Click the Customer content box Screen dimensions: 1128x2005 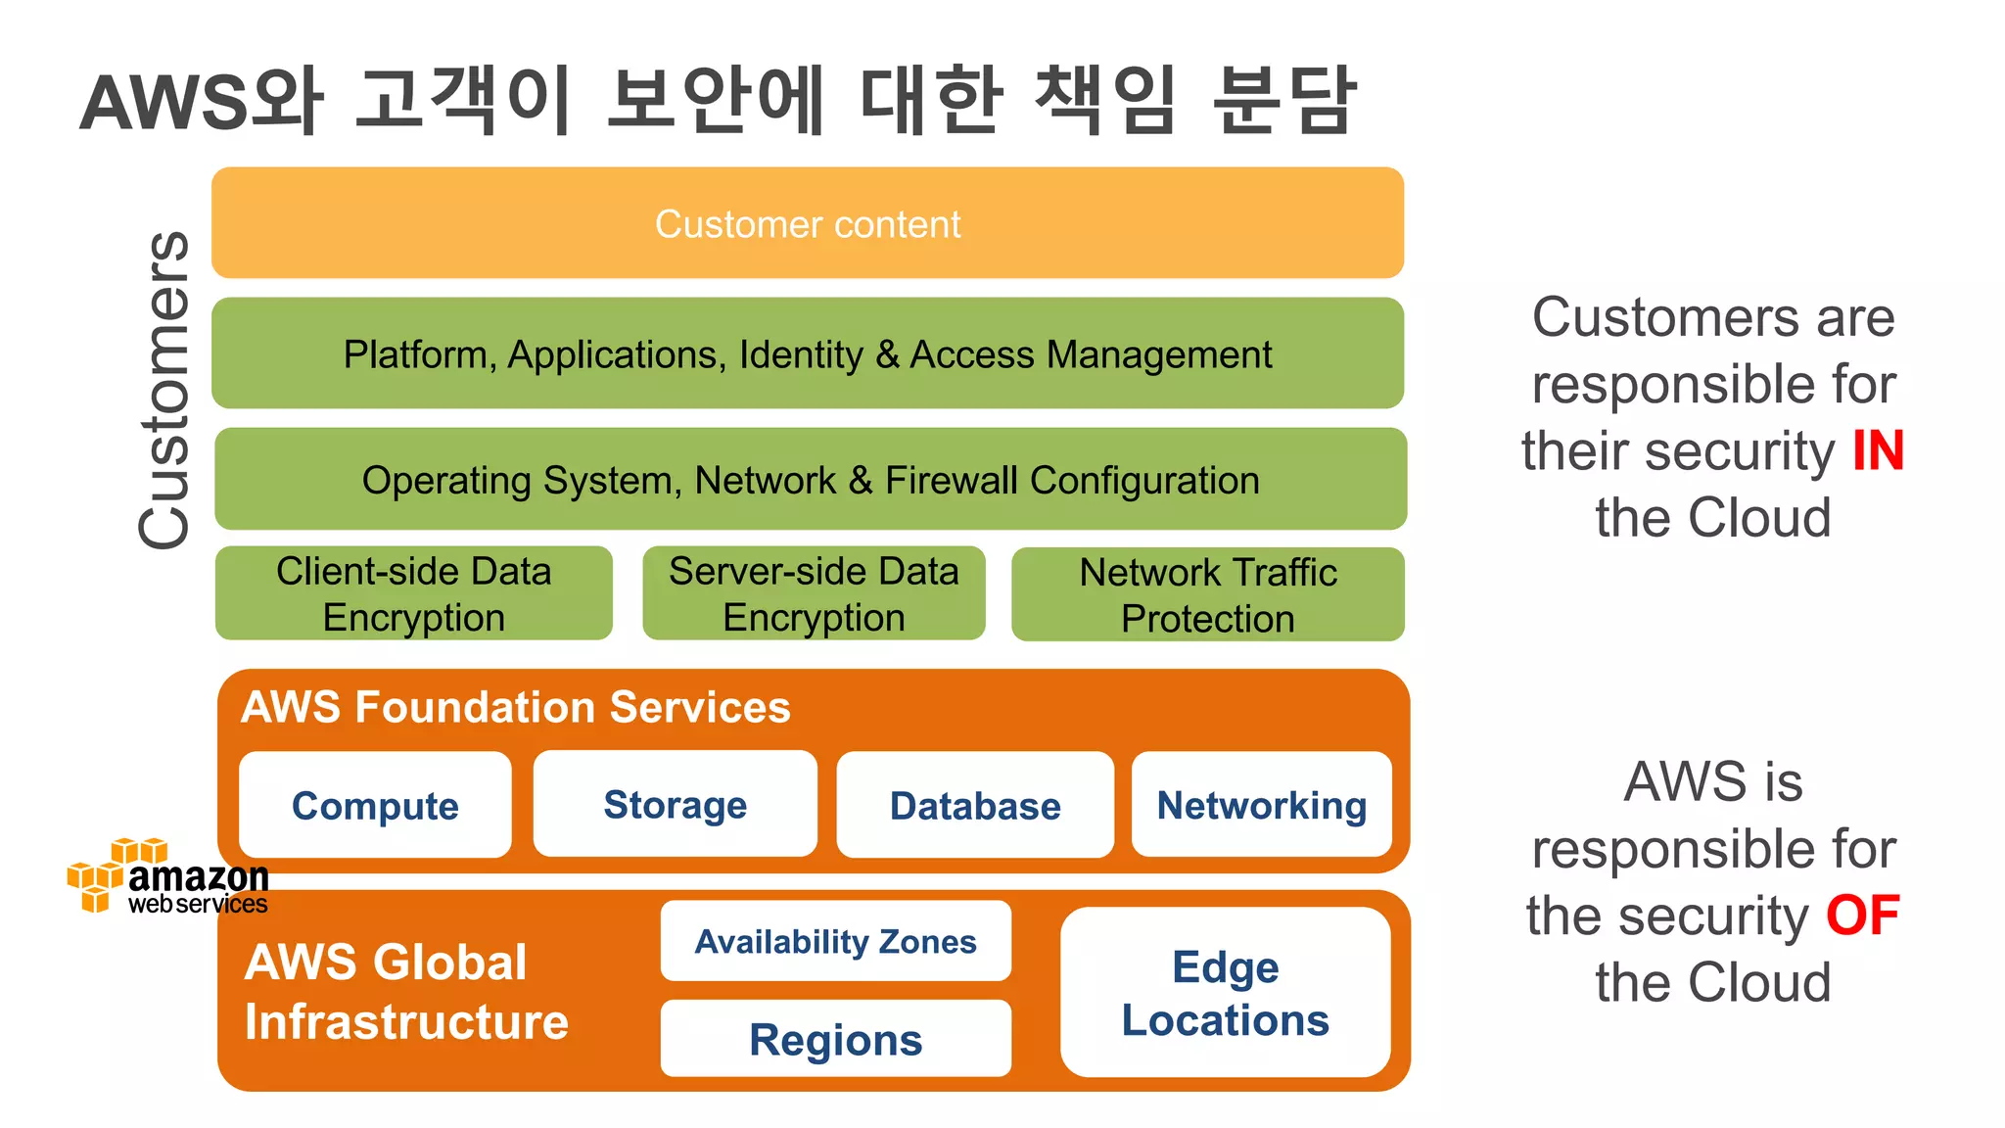pyautogui.click(x=808, y=223)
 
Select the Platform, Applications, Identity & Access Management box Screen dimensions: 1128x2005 pyautogui.click(x=808, y=353)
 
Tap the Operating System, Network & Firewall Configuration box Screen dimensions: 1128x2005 pyautogui.click(x=811, y=480)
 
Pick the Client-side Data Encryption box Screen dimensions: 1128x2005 pyautogui.click(x=413, y=593)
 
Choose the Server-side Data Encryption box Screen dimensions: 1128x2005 pyautogui.click(x=814, y=593)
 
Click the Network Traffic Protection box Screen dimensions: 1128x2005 pyautogui.click(x=1207, y=594)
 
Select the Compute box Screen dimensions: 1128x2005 pyautogui.click(x=375, y=805)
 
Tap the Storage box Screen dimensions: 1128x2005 pyautogui.click(x=675, y=804)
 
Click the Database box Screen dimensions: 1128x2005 pyautogui.click(x=975, y=805)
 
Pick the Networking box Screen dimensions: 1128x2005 pyautogui.click(x=1261, y=804)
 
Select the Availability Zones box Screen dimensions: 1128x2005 pyautogui.click(x=835, y=941)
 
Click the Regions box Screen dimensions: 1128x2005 pyautogui.click(x=835, y=1039)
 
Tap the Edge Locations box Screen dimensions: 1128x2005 pyautogui.click(x=1225, y=992)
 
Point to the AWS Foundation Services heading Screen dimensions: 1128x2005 pyautogui.click(x=516, y=707)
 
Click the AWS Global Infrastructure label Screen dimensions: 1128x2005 pyautogui.click(x=406, y=991)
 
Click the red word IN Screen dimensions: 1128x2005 pyautogui.click(x=1878, y=451)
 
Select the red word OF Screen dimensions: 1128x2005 pyautogui.click(x=1862, y=916)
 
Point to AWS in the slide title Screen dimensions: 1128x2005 pyautogui.click(x=164, y=103)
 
